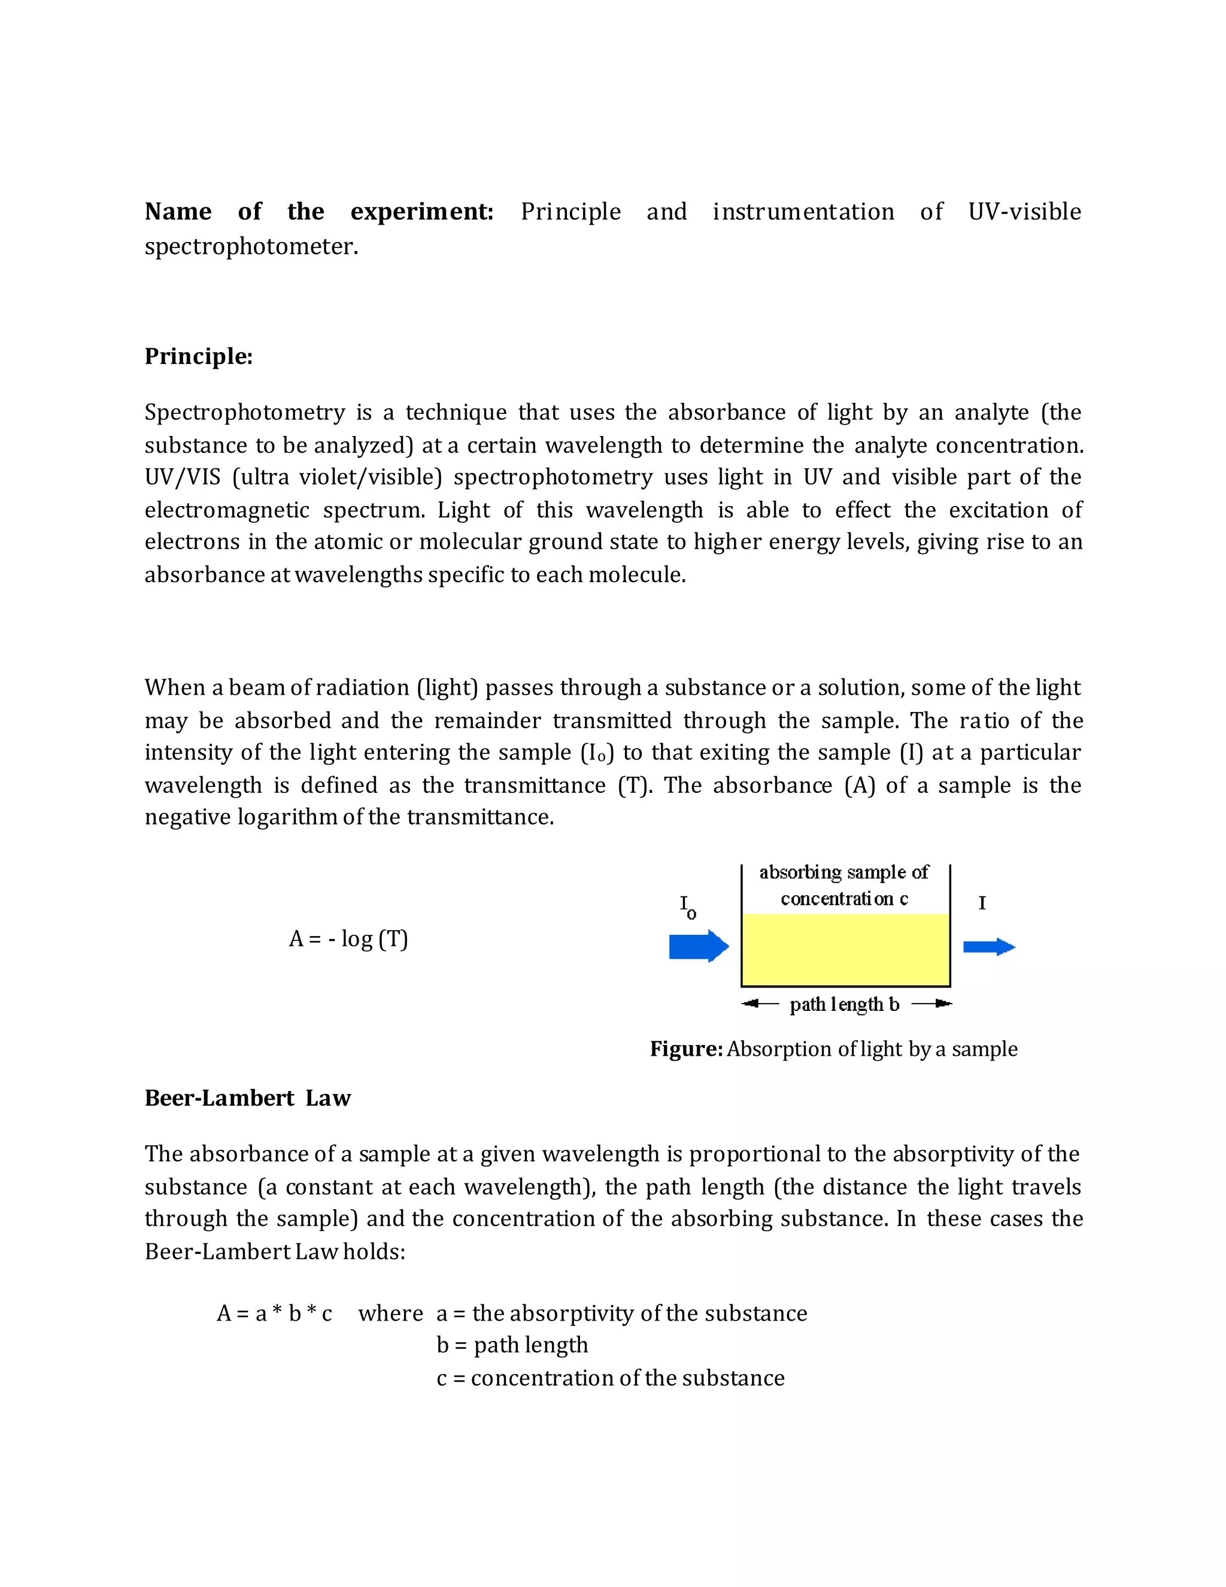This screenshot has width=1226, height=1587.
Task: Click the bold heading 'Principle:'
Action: tap(198, 356)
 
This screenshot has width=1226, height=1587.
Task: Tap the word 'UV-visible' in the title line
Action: tap(1024, 211)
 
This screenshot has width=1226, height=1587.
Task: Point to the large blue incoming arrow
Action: tap(698, 946)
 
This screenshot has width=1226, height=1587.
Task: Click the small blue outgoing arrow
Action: tap(988, 946)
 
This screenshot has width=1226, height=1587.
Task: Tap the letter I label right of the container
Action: tap(982, 903)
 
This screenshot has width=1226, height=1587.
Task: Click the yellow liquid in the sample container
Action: tap(845, 949)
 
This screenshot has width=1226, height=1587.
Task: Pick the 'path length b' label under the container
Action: tap(845, 1004)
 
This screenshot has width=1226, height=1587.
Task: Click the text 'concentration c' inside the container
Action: tap(844, 899)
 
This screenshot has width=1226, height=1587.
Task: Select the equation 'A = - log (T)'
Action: tap(348, 939)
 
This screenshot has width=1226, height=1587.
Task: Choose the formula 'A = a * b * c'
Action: tap(275, 1313)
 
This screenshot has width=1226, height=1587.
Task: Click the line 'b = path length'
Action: tap(512, 1345)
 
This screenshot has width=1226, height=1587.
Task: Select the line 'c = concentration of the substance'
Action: tap(610, 1378)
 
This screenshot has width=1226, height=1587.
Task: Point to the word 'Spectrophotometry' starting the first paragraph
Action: tap(245, 412)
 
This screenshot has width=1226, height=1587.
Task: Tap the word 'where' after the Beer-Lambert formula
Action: tap(391, 1313)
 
